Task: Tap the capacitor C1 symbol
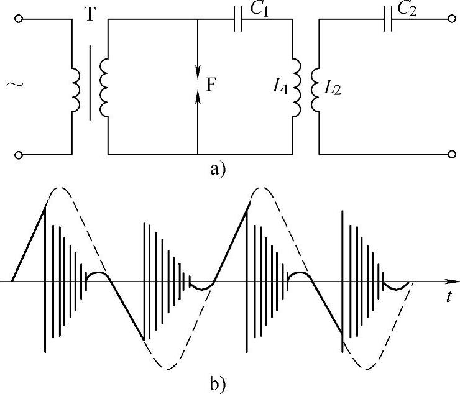tap(237, 20)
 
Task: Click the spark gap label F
tap(211, 86)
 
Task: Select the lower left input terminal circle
tap(21, 154)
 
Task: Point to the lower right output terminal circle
tap(451, 154)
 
